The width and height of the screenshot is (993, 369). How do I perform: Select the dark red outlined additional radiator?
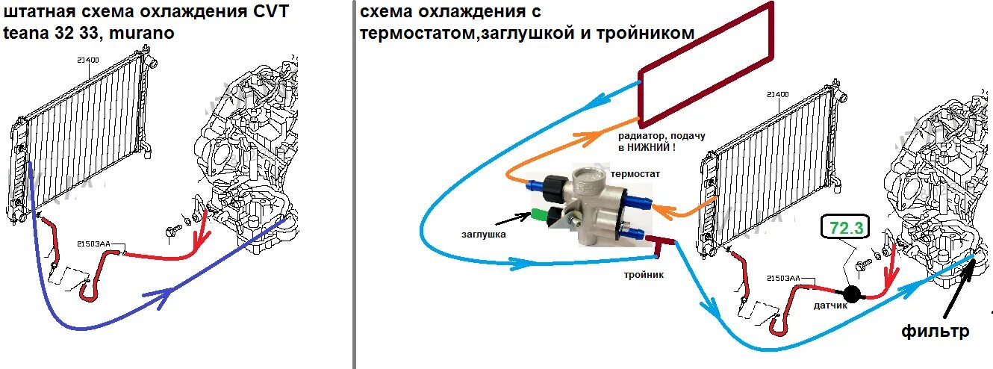706,66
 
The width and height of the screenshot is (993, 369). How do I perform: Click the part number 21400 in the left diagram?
87,59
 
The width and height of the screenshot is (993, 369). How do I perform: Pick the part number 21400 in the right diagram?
779,95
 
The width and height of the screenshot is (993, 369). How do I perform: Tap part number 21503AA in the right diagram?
784,278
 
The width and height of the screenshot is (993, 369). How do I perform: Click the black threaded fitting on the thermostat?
553,184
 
